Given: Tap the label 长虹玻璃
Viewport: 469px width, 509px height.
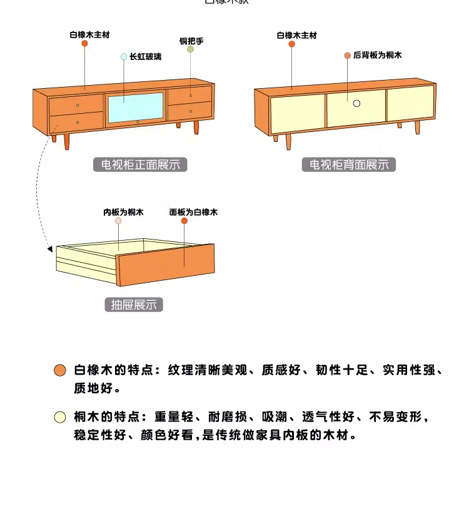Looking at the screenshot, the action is click(145, 56).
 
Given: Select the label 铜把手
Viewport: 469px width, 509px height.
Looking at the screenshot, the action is click(191, 41).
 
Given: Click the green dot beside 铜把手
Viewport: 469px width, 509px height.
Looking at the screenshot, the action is click(191, 49).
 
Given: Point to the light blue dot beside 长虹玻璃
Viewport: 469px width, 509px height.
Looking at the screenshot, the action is click(124, 56).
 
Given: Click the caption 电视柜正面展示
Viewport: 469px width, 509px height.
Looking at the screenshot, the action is click(140, 165).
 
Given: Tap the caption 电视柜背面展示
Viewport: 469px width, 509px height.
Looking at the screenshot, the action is click(349, 165).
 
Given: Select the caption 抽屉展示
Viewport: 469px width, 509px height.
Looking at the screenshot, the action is click(133, 305).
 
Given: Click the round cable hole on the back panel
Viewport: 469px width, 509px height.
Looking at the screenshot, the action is click(356, 103).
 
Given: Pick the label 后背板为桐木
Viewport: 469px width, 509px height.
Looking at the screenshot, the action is click(377, 56).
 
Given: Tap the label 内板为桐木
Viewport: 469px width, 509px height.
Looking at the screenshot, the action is click(123, 213).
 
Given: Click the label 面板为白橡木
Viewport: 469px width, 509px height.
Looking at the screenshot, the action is click(193, 213).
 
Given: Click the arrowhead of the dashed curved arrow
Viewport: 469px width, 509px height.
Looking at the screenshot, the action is click(49, 249).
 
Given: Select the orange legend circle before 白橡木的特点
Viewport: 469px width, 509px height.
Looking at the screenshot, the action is click(60, 370).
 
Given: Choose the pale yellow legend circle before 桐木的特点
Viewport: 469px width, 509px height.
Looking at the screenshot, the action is click(60, 417).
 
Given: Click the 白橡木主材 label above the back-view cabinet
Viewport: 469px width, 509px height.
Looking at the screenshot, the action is click(297, 36).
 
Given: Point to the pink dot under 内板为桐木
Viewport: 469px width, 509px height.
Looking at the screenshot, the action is click(118, 221).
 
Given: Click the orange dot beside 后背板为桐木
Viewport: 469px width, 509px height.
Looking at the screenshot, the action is click(348, 56).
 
